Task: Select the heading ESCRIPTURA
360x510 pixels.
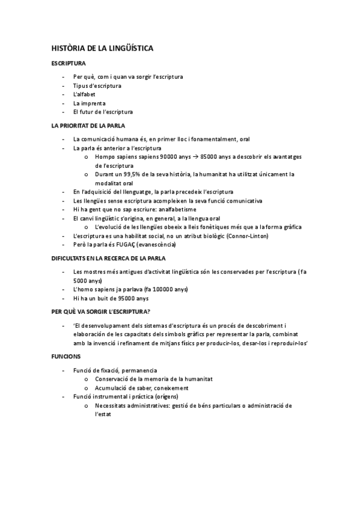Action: (69, 63)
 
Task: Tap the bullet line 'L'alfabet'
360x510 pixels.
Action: (84, 94)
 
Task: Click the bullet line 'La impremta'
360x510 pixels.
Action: (89, 103)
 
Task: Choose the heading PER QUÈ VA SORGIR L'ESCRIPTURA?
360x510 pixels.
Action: (100, 311)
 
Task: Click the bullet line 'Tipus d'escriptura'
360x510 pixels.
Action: (97, 85)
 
